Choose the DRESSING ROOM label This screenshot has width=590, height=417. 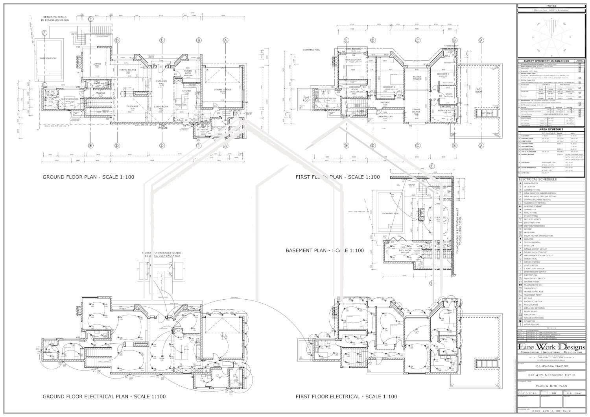coord(355,88)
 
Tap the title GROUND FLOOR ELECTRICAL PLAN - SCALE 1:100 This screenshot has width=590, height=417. coord(104,397)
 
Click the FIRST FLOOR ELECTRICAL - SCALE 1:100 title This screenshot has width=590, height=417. coord(346,397)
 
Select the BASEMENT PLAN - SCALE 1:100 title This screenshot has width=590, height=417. coord(324,250)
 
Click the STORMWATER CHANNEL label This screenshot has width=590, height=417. coord(223,310)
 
